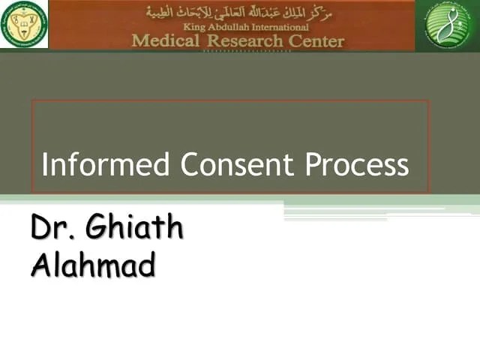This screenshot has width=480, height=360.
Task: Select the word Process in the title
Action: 357,165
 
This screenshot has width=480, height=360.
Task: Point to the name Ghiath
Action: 135,228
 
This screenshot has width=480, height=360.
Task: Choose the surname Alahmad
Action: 93,265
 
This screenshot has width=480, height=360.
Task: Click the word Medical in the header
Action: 166,40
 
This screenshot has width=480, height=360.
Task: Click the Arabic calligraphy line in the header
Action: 240,12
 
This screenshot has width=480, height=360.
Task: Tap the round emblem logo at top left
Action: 24,24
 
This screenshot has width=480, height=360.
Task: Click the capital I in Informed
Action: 45,165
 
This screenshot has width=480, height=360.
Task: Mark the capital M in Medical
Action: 140,40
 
